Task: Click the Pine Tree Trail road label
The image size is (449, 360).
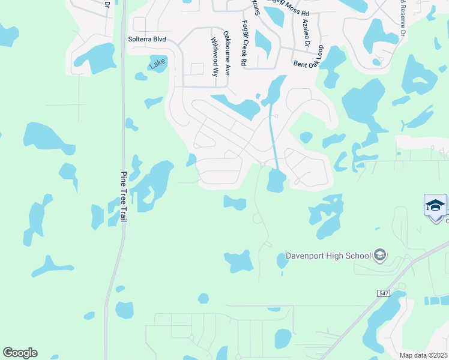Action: (x=123, y=197)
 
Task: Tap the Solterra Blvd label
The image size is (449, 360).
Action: (x=146, y=40)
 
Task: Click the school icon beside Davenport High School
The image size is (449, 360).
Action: (x=379, y=256)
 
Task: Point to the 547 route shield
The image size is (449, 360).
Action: (x=384, y=293)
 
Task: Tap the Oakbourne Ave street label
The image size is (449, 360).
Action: (x=226, y=53)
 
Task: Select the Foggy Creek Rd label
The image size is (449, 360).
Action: (x=244, y=43)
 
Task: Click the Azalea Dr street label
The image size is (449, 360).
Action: (x=306, y=32)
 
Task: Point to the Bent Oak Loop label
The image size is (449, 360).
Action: (x=309, y=57)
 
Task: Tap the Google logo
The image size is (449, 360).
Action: (x=20, y=352)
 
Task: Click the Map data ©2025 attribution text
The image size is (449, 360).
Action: (x=424, y=355)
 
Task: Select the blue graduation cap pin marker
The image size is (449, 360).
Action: (x=435, y=206)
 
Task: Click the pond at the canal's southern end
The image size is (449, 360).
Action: (x=276, y=180)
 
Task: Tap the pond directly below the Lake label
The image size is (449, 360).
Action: (x=141, y=76)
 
